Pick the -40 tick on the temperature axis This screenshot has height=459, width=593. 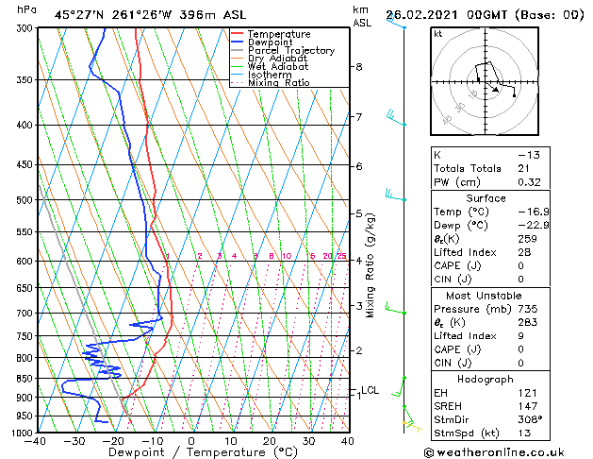click(37, 441)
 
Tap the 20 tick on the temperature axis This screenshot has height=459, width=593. click(269, 441)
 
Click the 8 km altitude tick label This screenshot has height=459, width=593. click(358, 67)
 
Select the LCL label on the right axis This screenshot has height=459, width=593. click(371, 390)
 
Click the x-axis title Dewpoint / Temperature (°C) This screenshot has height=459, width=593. click(191, 452)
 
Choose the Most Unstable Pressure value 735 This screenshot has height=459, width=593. click(528, 309)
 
